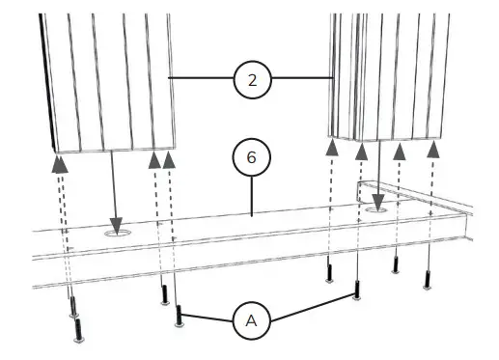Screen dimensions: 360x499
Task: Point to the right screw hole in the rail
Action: click(x=377, y=206)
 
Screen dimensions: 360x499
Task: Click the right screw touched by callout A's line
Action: click(x=358, y=290)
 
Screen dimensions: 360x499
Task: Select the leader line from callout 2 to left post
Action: click(x=202, y=78)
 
